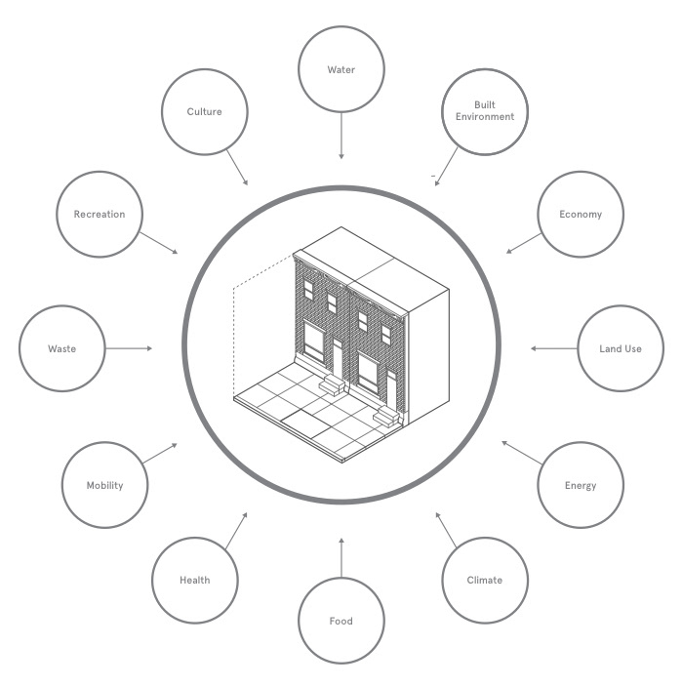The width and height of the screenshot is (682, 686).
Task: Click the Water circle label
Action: coord(341,69)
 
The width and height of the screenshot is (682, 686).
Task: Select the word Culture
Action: coord(204,111)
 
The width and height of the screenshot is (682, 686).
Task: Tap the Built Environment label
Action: coord(485,110)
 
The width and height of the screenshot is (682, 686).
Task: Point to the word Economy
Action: coord(581,215)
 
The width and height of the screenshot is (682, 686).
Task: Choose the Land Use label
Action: coord(621,348)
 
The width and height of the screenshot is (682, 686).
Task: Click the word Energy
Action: coord(581,486)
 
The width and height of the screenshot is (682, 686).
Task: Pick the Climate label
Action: coord(485,581)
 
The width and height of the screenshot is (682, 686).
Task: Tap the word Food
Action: coord(341,621)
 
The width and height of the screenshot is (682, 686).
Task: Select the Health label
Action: coord(195,581)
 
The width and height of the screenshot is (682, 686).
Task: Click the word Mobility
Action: coord(105,486)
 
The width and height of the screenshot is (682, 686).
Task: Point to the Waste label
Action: coord(62,348)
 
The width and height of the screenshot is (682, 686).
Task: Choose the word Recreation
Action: coord(100,215)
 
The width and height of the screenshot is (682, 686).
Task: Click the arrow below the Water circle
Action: coord(341,136)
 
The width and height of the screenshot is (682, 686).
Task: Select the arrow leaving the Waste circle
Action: coord(129,348)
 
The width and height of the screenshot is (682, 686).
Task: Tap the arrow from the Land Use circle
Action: coord(554,348)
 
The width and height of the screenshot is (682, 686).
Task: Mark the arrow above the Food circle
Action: coord(341,558)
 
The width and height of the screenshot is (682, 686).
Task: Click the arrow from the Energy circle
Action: coord(522,453)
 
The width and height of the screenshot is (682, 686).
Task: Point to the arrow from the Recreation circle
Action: coord(159,243)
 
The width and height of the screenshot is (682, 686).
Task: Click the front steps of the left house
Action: coord(333,385)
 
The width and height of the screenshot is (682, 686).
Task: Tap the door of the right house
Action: coord(391,390)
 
